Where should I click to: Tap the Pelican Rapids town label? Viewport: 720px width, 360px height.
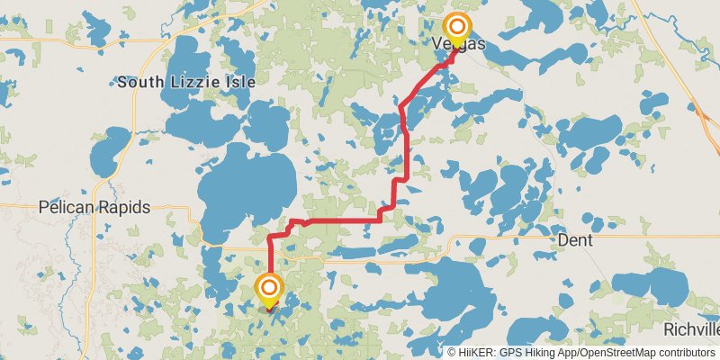(x=94, y=206)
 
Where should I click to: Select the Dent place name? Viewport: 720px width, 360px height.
(x=574, y=240)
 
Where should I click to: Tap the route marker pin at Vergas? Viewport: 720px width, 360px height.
(x=457, y=28)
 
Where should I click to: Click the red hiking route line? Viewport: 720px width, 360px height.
(x=342, y=220)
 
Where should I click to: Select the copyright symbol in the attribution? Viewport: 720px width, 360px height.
(x=452, y=353)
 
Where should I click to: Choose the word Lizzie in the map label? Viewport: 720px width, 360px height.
(x=179, y=82)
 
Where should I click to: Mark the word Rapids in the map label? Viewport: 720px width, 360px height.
(x=122, y=206)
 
